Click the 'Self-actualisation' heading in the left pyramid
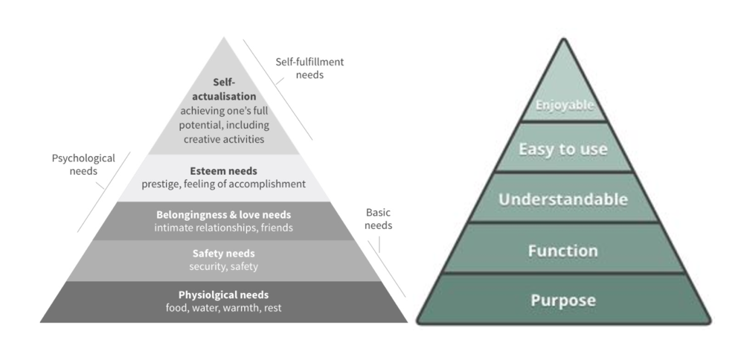[223, 89]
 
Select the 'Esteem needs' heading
[223, 171]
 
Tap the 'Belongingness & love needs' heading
[223, 215]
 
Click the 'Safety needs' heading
[223, 254]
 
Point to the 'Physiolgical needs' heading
[223, 295]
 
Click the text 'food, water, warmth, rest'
[223, 308]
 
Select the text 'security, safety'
[223, 266]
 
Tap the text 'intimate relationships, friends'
[223, 228]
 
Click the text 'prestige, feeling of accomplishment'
[223, 184]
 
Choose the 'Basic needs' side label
[379, 219]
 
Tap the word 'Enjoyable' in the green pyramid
[563, 105]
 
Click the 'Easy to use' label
[563, 150]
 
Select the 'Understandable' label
[563, 199]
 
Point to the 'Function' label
[563, 251]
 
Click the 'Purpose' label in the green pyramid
[563, 300]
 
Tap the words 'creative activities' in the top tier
[223, 138]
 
